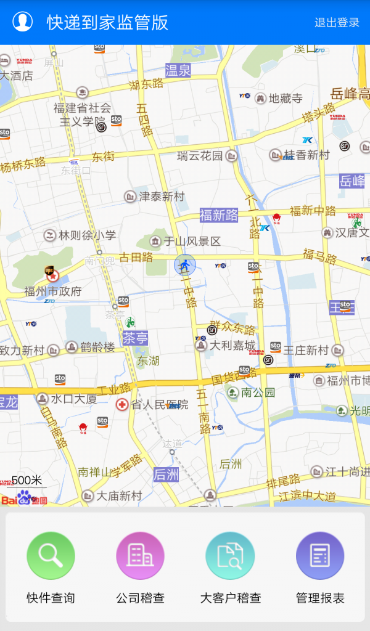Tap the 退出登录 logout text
[x=337, y=23]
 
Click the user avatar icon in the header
[x=23, y=22]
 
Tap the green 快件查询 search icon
[x=51, y=556]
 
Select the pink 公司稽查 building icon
[x=140, y=556]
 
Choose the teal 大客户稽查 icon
[x=230, y=556]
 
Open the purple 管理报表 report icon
[x=320, y=556]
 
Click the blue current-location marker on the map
[x=184, y=265]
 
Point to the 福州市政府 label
[x=52, y=291]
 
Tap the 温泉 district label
[x=178, y=70]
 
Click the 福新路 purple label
[x=218, y=215]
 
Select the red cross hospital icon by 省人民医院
[x=122, y=405]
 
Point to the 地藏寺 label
[x=286, y=99]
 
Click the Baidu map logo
[x=23, y=498]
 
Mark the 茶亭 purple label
[x=135, y=338]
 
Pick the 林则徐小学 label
[x=87, y=235]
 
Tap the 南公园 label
[x=258, y=393]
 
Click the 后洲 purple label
[x=166, y=474]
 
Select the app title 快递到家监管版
[x=107, y=23]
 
